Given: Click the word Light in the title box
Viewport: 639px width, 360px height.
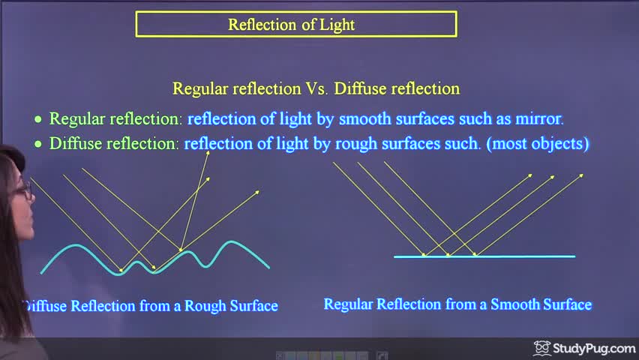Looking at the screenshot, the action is pyautogui.click(x=337, y=25).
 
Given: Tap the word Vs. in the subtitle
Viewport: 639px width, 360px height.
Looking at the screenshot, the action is pyautogui.click(x=317, y=88).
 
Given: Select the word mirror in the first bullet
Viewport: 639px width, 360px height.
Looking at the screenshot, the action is pyautogui.click(x=539, y=118).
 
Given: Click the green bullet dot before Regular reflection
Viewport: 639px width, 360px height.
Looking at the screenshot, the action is pyautogui.click(x=38, y=119).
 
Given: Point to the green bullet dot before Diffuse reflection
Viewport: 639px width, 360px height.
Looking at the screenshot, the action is pyautogui.click(x=38, y=144).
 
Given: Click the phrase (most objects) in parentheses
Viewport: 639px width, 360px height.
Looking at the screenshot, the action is pyautogui.click(x=538, y=144).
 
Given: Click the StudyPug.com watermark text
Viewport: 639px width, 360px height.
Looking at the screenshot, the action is pyautogui.click(x=594, y=349).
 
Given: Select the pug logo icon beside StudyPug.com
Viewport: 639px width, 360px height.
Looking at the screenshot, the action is pyautogui.click(x=542, y=348).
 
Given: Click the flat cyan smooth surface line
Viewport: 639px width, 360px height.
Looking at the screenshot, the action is pyautogui.click(x=484, y=256).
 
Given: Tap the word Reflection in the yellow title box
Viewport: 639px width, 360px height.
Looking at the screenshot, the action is pyautogui.click(x=262, y=25).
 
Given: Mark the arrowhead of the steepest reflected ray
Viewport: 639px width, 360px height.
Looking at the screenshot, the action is pyautogui.click(x=208, y=153).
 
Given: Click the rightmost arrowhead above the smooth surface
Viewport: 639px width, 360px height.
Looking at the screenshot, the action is pyautogui.click(x=581, y=175).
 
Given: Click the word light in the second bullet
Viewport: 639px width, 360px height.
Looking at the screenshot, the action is pyautogui.click(x=292, y=144).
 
